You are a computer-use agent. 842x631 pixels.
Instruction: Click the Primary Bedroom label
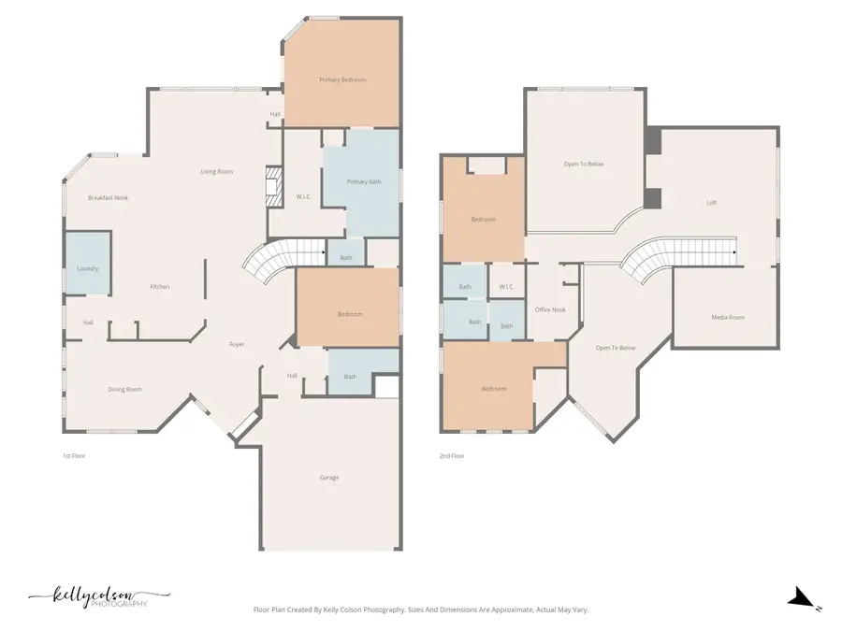click(x=342, y=80)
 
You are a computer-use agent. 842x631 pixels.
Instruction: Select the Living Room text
click(x=217, y=171)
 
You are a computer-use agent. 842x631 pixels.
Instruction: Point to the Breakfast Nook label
click(x=108, y=198)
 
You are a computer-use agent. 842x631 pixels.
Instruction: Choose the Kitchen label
click(x=160, y=287)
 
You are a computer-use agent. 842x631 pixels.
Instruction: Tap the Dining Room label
click(x=124, y=389)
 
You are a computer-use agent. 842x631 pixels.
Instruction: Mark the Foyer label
click(x=238, y=345)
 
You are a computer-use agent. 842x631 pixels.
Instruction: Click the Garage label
click(x=329, y=478)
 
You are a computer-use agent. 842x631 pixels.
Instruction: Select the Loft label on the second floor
click(x=711, y=202)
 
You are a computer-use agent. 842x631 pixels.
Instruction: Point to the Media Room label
click(x=728, y=318)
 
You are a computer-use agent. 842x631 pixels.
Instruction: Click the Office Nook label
click(x=550, y=309)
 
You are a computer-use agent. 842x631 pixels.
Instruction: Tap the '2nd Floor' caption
click(x=452, y=456)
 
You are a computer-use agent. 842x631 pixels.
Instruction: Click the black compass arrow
click(x=799, y=597)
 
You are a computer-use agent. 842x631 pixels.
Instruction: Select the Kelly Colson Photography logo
click(x=98, y=597)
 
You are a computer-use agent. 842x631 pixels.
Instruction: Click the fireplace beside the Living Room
click(x=272, y=186)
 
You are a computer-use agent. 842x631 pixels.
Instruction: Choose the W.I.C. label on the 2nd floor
click(x=506, y=287)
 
